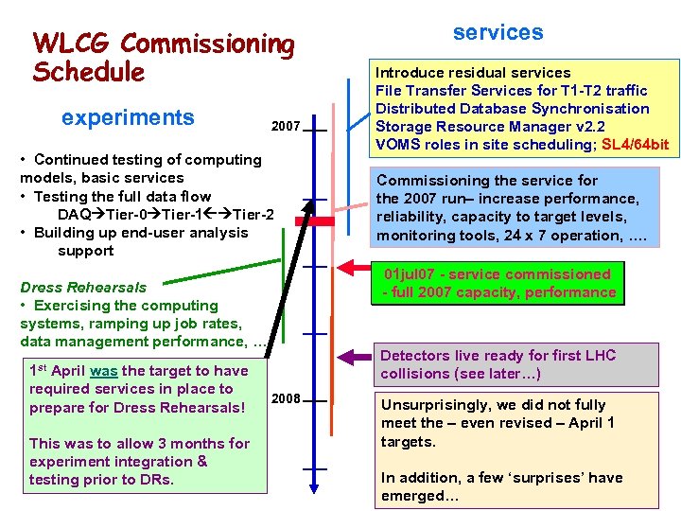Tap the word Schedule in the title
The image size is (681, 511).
[88, 72]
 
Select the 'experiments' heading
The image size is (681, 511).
[128, 117]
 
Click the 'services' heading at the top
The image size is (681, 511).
[498, 32]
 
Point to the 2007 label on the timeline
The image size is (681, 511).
[286, 126]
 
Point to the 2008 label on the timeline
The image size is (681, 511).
[286, 399]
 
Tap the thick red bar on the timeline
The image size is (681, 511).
[322, 220]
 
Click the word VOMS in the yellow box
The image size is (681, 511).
[398, 145]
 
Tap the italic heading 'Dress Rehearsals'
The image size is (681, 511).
[83, 288]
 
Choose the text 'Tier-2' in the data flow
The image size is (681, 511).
[253, 215]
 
